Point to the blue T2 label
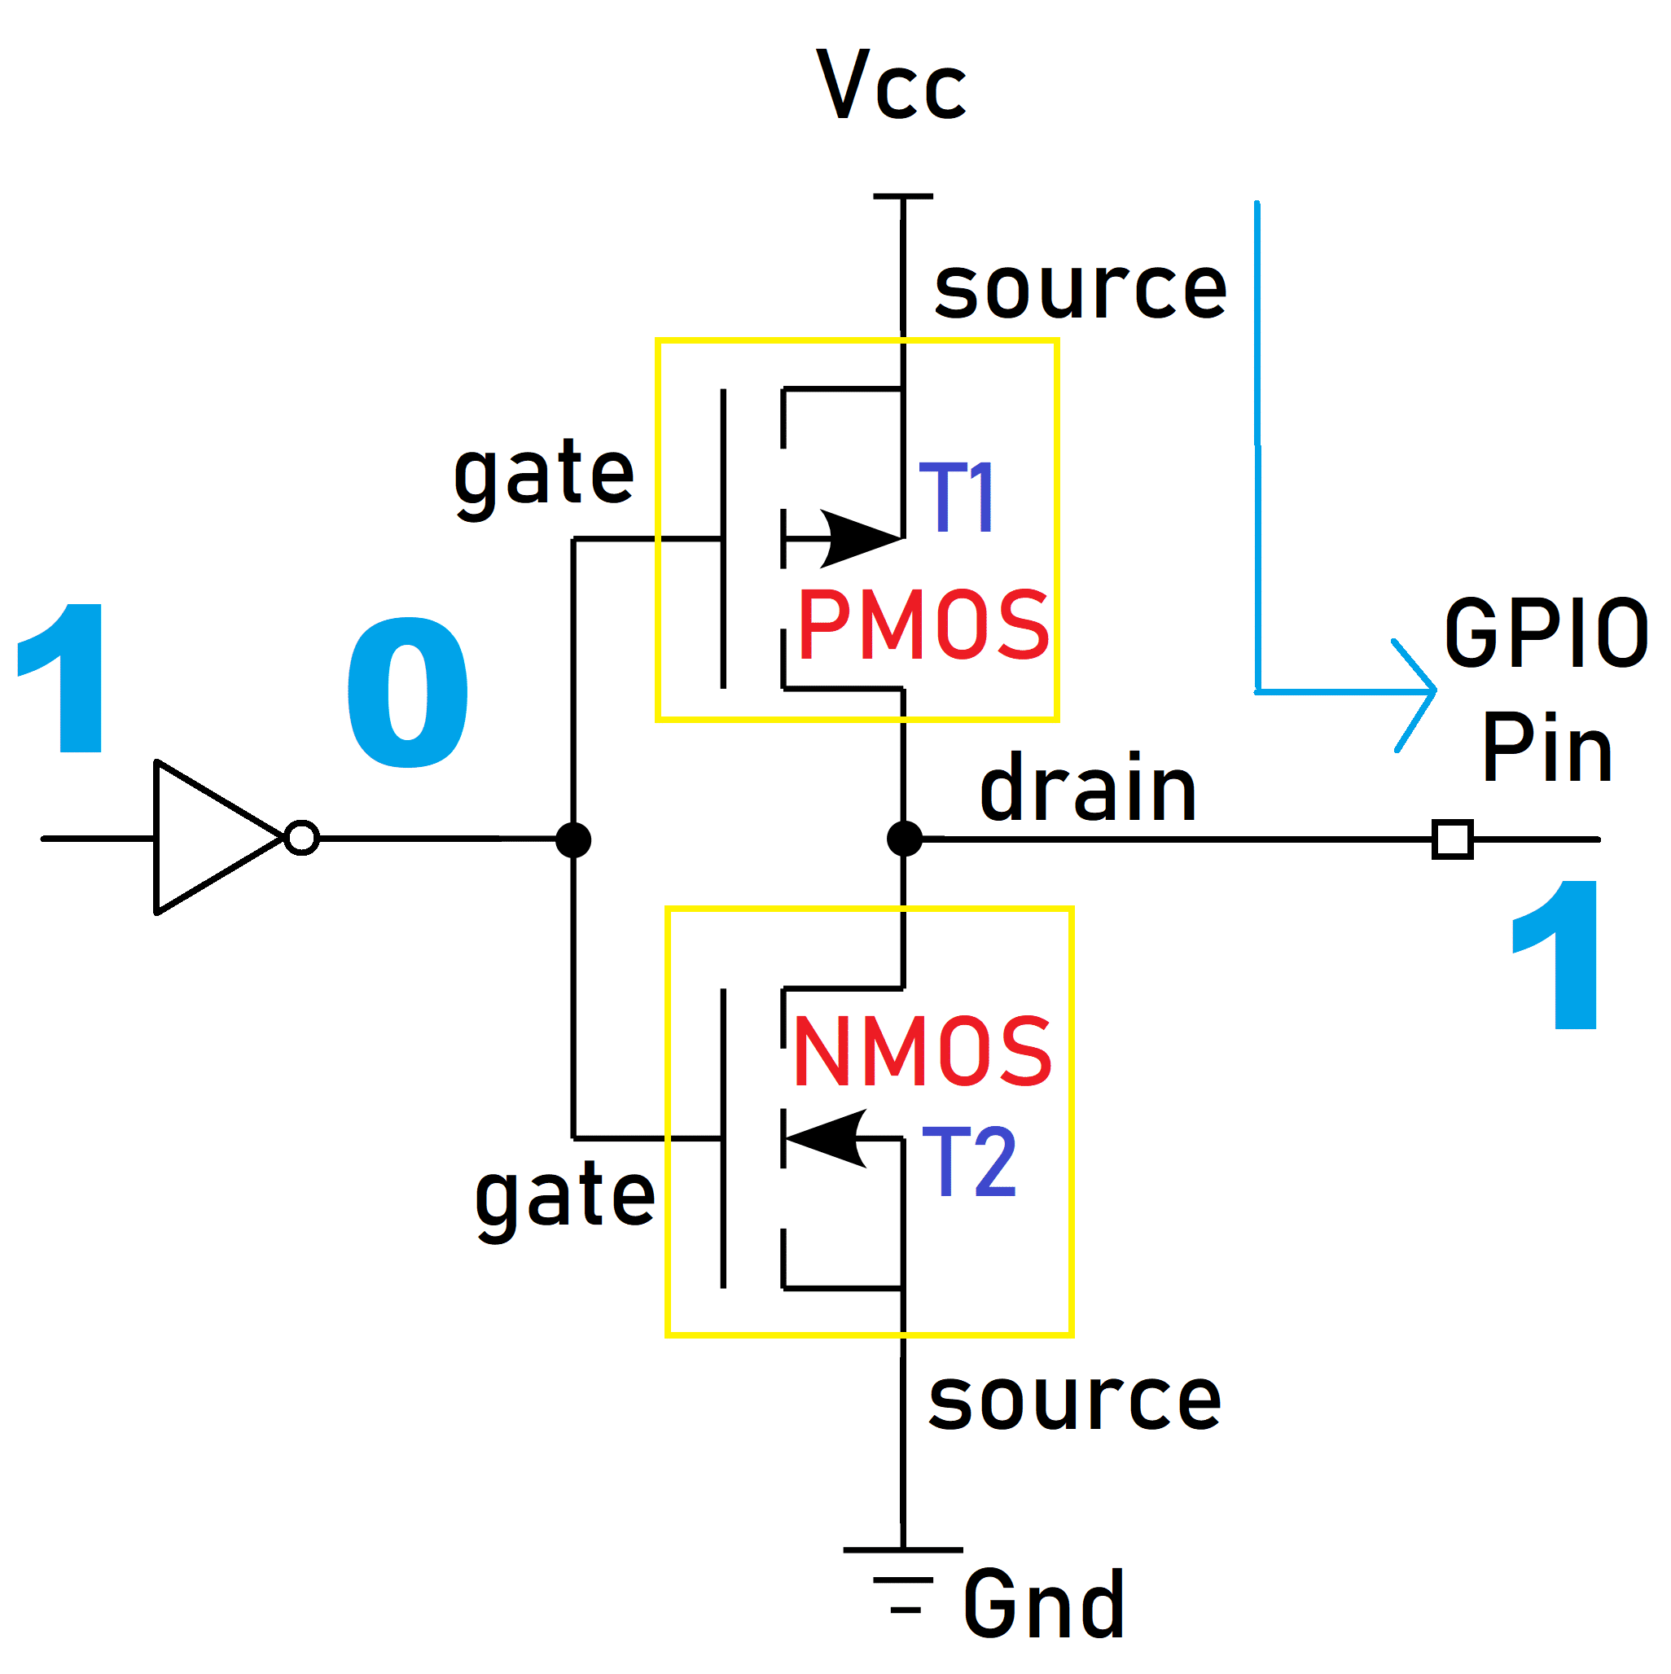click(968, 1162)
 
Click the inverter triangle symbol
click(208, 838)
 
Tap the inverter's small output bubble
click(301, 838)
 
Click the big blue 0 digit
click(407, 692)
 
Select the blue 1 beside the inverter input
click(65, 677)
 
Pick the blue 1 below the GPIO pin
click(1559, 955)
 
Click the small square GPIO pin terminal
click(1453, 839)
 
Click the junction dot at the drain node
click(904, 839)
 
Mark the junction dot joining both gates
click(573, 839)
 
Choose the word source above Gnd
click(1075, 1400)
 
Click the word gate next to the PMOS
click(543, 475)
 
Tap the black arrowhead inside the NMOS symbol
click(827, 1138)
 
